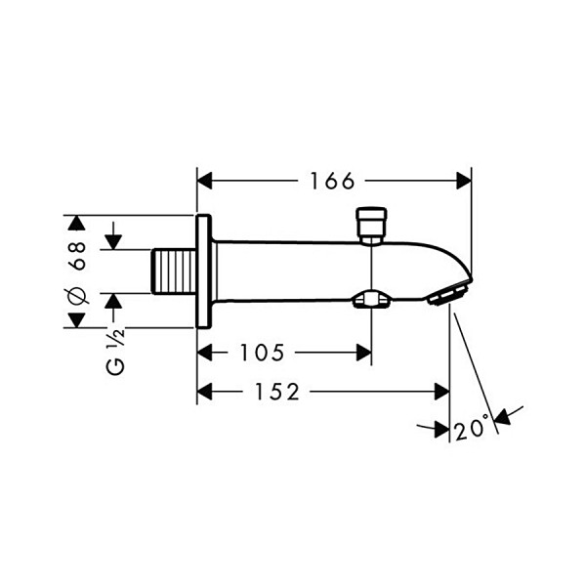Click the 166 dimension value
(332, 182)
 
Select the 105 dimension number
(262, 353)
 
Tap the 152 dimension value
(277, 392)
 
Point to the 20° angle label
(472, 427)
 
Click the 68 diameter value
(78, 255)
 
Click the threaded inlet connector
(174, 272)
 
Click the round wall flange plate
(204, 272)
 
